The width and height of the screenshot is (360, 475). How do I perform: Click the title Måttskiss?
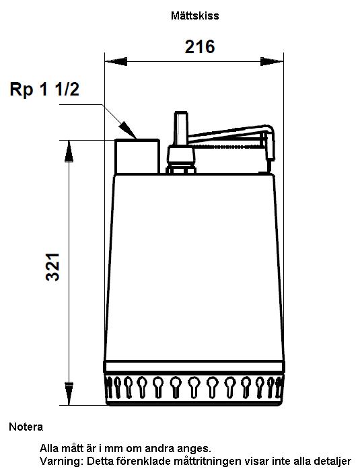click(x=195, y=15)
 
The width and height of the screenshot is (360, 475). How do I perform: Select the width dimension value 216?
click(x=200, y=47)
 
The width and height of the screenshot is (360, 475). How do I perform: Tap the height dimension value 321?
click(x=52, y=267)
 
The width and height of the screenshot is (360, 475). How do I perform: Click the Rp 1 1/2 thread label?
click(x=44, y=89)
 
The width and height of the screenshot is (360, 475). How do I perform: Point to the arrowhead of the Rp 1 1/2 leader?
click(x=127, y=130)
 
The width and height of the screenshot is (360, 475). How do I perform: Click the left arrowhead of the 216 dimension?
click(x=116, y=61)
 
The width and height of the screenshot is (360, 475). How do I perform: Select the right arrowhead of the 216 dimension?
click(x=272, y=61)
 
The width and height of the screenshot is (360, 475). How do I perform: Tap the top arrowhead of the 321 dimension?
click(x=69, y=151)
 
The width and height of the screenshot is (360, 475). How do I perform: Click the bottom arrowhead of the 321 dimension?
click(x=69, y=394)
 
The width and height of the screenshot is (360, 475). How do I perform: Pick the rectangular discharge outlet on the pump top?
click(x=137, y=156)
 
